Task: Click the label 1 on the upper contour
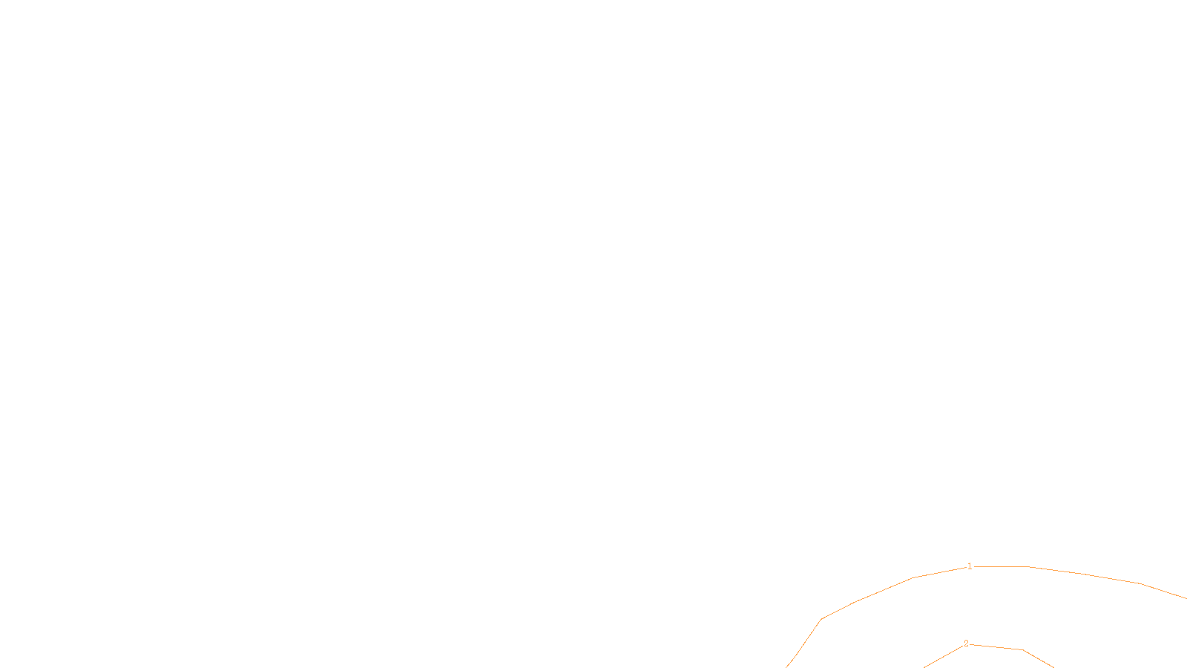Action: (x=970, y=566)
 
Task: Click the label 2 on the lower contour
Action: (x=966, y=644)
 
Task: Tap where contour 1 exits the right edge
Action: (x=1186, y=598)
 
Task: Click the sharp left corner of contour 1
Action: (x=821, y=619)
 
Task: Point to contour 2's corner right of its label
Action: (x=1023, y=650)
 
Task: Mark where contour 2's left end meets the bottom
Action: (x=924, y=667)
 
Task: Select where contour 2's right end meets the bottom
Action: (x=1053, y=667)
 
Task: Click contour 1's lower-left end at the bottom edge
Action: (x=786, y=667)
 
